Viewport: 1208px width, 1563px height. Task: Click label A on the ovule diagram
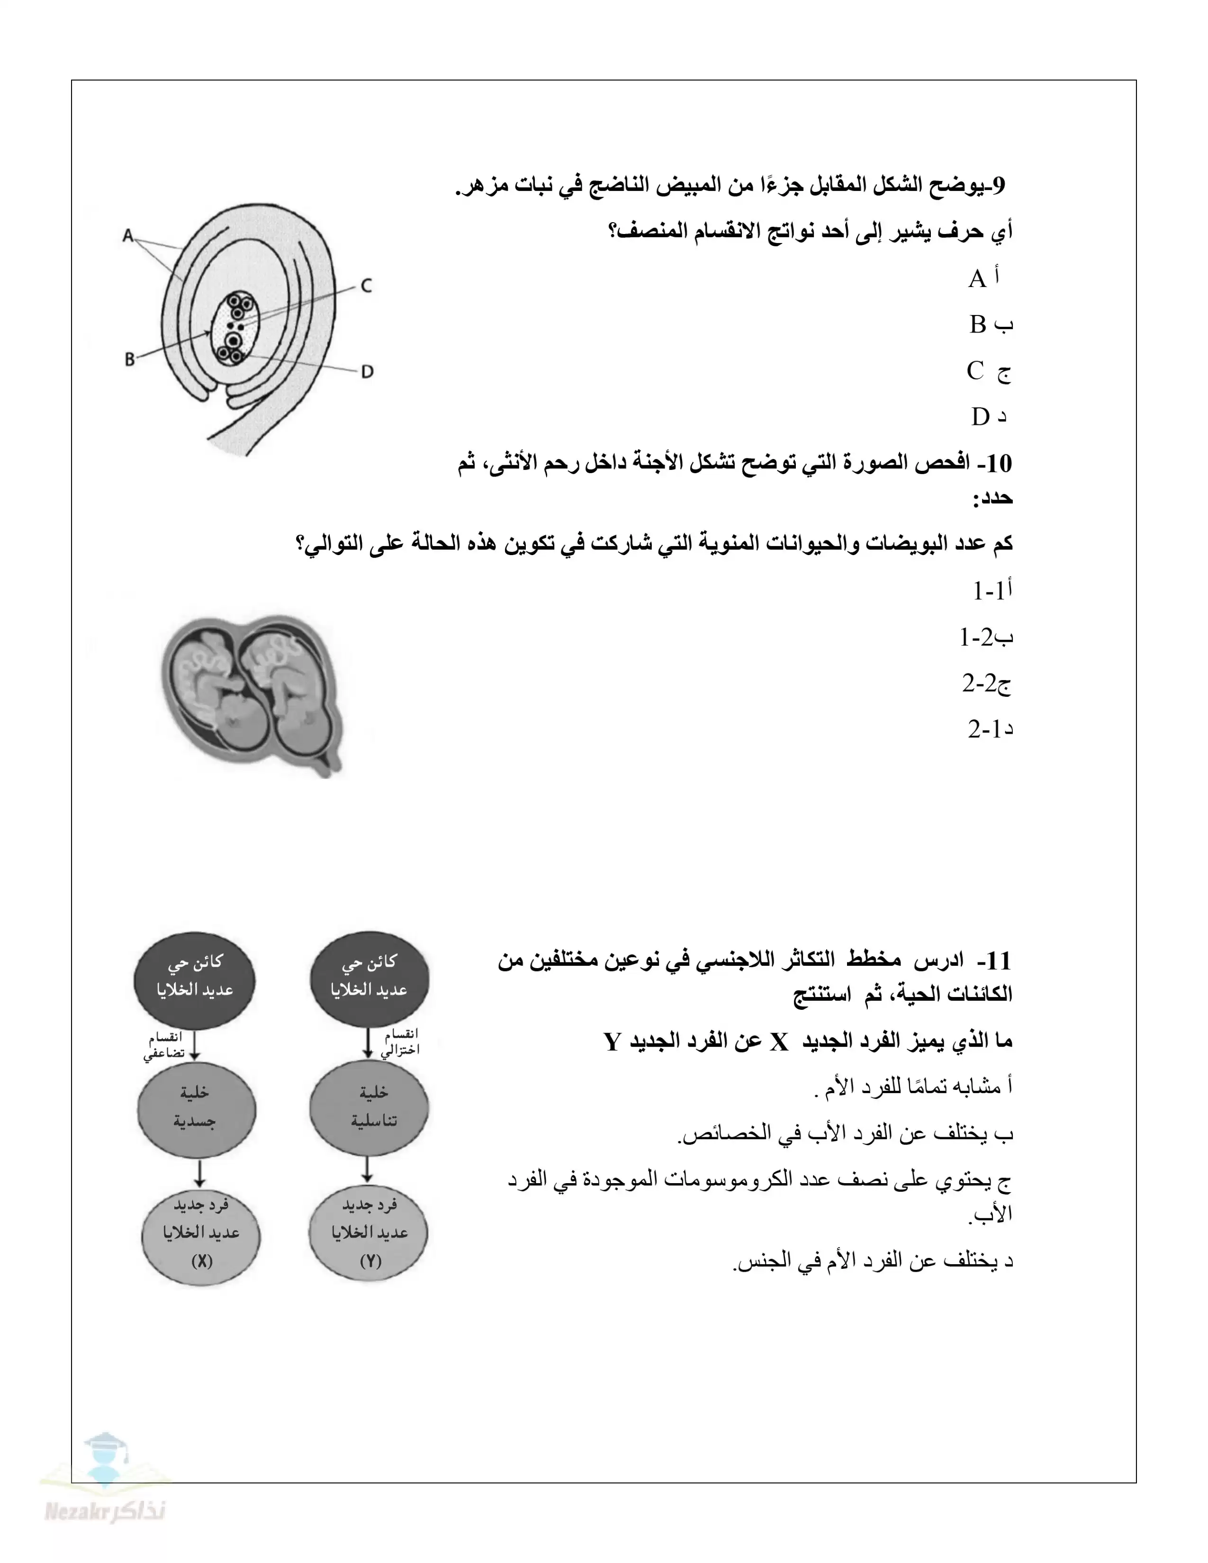pos(128,235)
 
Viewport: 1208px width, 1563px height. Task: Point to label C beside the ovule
pos(366,286)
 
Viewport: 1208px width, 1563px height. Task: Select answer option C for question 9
pos(988,371)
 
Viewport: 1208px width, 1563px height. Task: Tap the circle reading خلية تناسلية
pos(370,1107)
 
